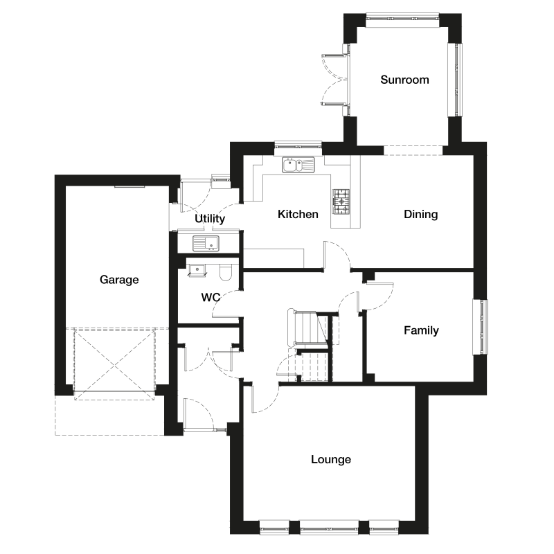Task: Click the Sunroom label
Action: point(404,80)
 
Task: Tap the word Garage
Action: point(119,280)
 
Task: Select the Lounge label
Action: point(331,459)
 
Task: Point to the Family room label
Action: point(421,330)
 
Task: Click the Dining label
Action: point(421,214)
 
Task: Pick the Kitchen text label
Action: point(298,214)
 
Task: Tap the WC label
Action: point(211,298)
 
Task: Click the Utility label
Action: point(210,219)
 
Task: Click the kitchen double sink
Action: point(298,165)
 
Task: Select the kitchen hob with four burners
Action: point(341,202)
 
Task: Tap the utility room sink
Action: point(206,243)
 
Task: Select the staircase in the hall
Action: point(310,346)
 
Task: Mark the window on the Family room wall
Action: point(481,327)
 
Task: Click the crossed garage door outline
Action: point(114,364)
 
